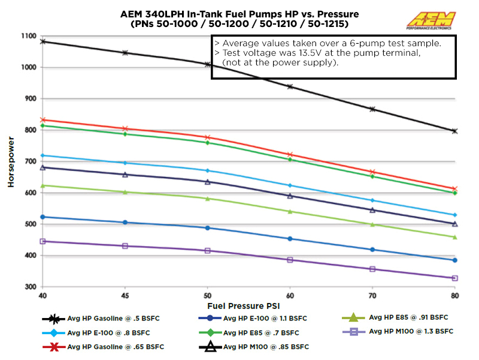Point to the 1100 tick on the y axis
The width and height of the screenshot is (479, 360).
coord(28,36)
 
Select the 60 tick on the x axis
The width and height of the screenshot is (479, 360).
coord(290,296)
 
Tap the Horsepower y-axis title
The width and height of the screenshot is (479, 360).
coord(11,162)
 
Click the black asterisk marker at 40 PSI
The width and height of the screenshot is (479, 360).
coord(43,41)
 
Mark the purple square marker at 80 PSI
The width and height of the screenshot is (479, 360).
coord(454,278)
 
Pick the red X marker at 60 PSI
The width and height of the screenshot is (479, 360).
coord(290,155)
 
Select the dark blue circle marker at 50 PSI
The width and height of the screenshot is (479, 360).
coord(207,228)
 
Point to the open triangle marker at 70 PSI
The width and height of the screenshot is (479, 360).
coord(372,210)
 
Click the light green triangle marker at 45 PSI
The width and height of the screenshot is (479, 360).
coord(125,192)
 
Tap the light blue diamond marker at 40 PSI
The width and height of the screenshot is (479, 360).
coord(43,155)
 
